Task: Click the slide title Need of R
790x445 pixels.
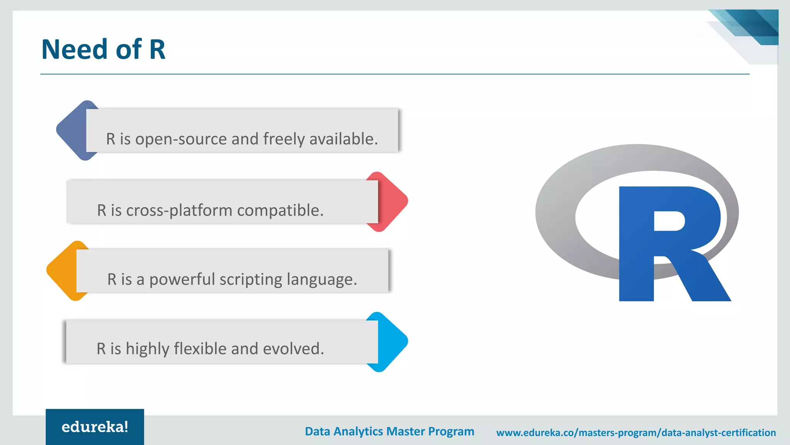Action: coord(103,49)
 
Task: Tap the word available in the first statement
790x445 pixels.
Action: coord(343,139)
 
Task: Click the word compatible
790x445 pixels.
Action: coord(280,210)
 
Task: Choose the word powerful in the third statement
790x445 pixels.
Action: coord(182,280)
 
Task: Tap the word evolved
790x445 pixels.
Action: coord(294,349)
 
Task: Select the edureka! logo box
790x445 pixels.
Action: coord(95,427)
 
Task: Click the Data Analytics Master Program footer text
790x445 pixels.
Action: coord(390,432)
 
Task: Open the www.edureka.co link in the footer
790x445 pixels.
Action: coord(636,433)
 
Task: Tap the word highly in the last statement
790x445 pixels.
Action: coord(147,349)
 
